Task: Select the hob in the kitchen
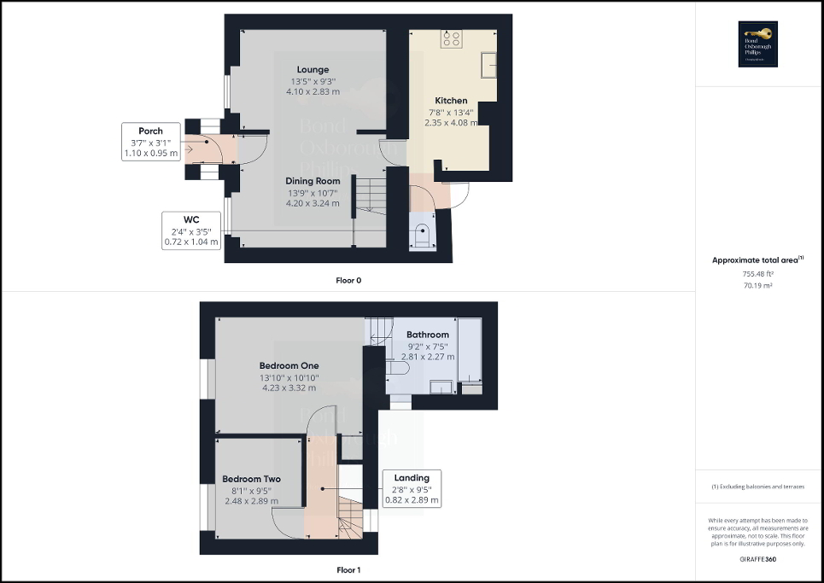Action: click(x=451, y=38)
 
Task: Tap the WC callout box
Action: click(x=191, y=230)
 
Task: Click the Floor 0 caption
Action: click(x=349, y=280)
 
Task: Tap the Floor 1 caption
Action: click(x=349, y=569)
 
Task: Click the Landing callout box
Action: click(x=412, y=489)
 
